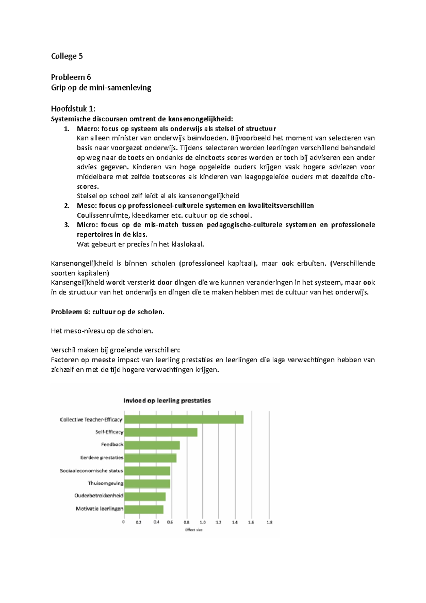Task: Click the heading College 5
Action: pyautogui.click(x=67, y=56)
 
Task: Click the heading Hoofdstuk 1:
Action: pyautogui.click(x=73, y=109)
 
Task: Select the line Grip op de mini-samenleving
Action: pyautogui.click(x=101, y=88)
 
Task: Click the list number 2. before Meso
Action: pyautogui.click(x=67, y=206)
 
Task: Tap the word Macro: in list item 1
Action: pyautogui.click(x=88, y=129)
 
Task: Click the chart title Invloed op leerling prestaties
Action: pyautogui.click(x=167, y=401)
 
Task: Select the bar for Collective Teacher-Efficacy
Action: pyautogui.click(x=184, y=419)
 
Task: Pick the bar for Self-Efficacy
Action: pyautogui.click(x=161, y=432)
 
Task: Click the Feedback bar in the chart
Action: pyautogui.click(x=152, y=445)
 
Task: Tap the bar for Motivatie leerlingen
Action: pyautogui.click(x=144, y=509)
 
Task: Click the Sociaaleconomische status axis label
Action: pyautogui.click(x=91, y=471)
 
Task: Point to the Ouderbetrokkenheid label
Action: pyautogui.click(x=99, y=496)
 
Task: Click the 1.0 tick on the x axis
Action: pyautogui.click(x=202, y=522)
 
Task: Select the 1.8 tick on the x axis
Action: pyautogui.click(x=269, y=522)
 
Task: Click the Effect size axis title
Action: pyautogui.click(x=194, y=530)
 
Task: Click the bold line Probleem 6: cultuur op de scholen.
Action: pyautogui.click(x=108, y=312)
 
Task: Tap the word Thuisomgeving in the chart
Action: pyautogui.click(x=105, y=483)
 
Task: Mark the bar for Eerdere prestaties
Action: pyautogui.click(x=151, y=458)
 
